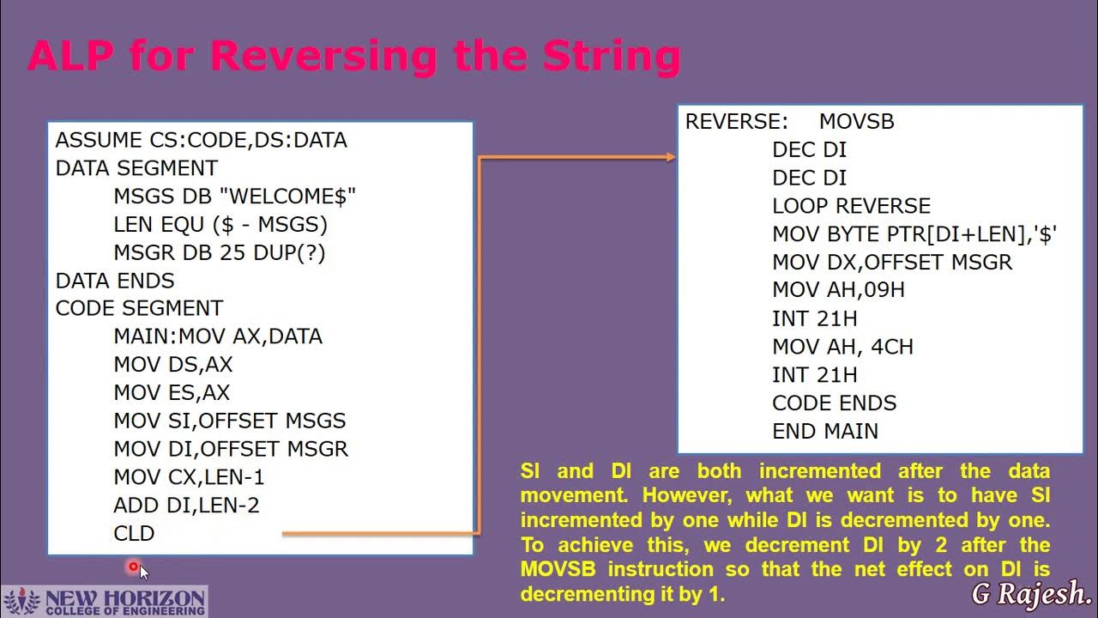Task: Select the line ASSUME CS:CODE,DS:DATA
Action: (201, 140)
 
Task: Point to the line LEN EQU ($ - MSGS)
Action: (220, 225)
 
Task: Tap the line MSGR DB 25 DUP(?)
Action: (219, 253)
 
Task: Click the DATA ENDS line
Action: (115, 281)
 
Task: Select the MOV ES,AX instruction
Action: (172, 392)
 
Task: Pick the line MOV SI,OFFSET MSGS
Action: (229, 421)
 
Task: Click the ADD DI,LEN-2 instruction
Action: (186, 506)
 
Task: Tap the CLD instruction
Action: (134, 534)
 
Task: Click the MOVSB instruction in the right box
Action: (856, 122)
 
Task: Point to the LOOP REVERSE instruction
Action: (851, 206)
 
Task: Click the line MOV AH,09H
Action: (838, 290)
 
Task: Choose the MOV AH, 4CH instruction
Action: (842, 347)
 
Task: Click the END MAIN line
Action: (824, 431)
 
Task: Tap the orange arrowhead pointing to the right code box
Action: (671, 157)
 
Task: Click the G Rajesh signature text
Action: (1030, 593)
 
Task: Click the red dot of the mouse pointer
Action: (134, 566)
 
